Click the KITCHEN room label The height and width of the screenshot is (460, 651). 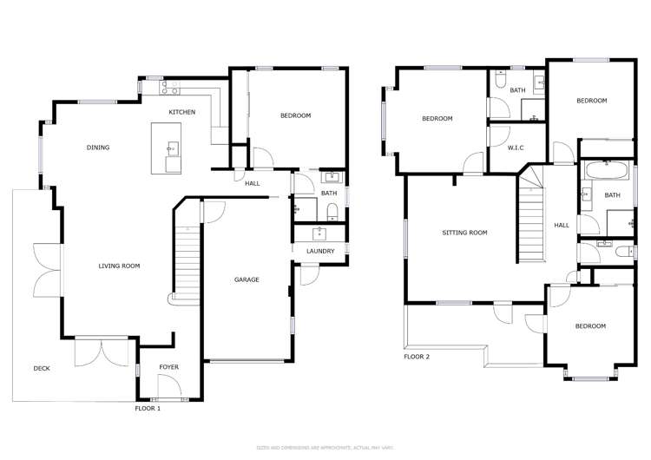[182, 112]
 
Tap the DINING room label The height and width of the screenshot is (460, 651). [98, 148]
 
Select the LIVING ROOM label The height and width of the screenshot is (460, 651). [119, 266]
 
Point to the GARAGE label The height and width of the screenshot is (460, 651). [247, 279]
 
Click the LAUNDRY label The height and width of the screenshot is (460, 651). [320, 252]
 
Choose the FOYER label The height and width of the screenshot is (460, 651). [168, 367]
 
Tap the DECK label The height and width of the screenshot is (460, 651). [42, 369]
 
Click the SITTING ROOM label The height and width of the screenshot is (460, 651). [464, 233]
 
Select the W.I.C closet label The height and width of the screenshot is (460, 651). [516, 148]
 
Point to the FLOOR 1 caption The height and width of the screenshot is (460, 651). [148, 407]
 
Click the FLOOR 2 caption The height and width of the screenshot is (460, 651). [417, 357]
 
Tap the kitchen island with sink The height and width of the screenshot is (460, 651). [168, 148]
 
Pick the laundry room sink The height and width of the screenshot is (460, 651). [320, 233]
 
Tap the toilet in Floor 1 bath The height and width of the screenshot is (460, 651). [332, 211]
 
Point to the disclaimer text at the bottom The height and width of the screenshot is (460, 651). [325, 447]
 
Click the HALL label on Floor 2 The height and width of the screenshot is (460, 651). [562, 226]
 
